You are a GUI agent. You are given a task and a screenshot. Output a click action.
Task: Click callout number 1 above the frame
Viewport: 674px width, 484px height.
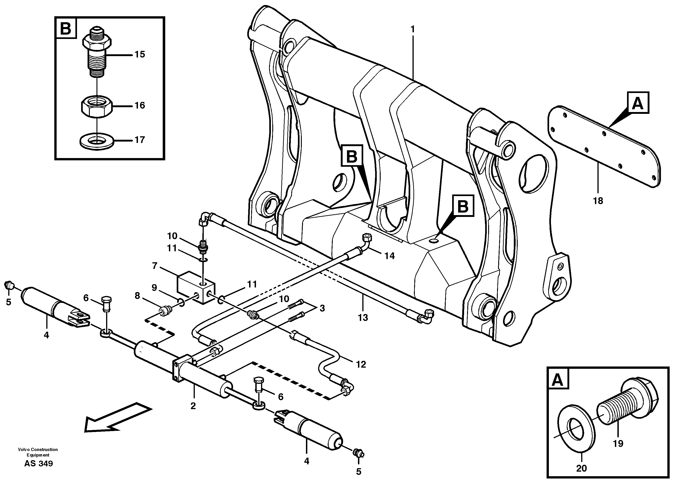412,29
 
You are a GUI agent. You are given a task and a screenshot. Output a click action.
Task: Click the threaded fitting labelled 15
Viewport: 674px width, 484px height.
96,53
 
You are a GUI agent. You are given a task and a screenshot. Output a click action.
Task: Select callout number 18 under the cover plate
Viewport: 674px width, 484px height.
598,201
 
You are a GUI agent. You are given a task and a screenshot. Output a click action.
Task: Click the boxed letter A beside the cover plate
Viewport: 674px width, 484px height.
638,103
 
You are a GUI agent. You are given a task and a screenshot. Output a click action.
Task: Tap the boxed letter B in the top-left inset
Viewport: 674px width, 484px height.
66,29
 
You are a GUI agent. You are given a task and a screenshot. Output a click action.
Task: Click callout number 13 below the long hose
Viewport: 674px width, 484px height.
363,318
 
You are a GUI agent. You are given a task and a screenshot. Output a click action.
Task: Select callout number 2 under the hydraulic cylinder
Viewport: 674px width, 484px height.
193,406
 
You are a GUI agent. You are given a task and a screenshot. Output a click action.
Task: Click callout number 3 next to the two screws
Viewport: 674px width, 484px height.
322,308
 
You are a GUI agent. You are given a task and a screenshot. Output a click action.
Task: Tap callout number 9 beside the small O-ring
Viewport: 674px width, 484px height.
154,288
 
